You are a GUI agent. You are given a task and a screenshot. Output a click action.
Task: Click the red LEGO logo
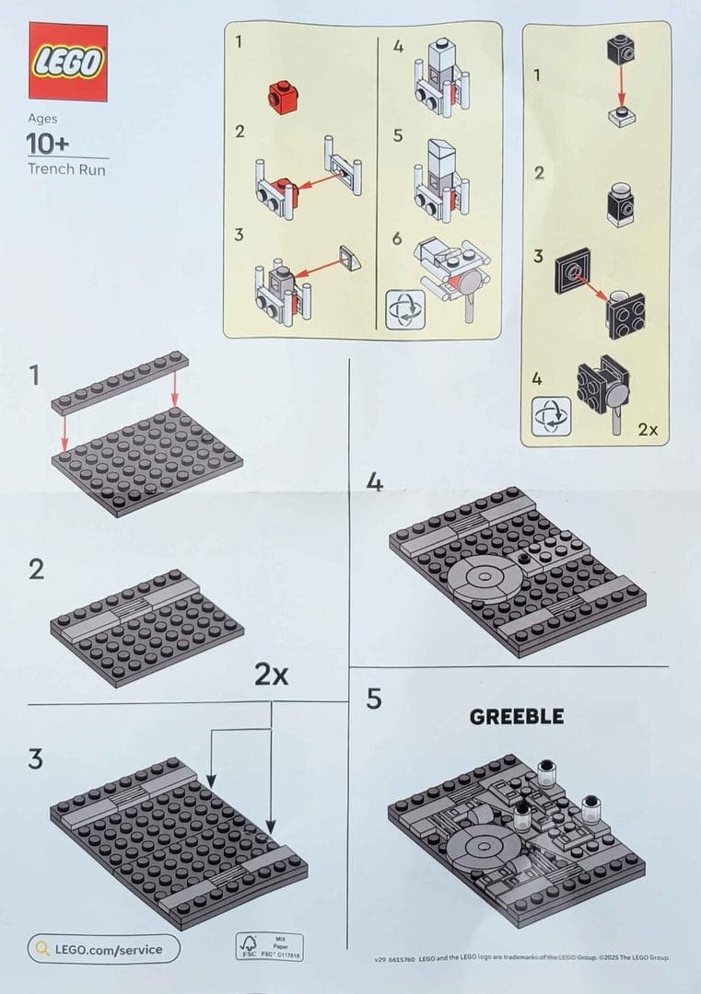point(68,62)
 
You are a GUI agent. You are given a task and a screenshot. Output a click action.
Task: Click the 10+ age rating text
point(48,144)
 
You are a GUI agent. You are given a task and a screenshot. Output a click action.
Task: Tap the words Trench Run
point(66,169)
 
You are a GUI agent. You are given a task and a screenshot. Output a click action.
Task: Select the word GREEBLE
point(516,717)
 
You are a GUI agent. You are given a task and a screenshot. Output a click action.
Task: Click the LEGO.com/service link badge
point(103,949)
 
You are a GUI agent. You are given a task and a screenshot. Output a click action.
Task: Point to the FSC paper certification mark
point(270,947)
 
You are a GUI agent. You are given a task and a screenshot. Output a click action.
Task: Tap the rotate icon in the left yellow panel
point(405,309)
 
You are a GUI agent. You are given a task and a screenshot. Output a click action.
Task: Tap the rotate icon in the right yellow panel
point(551,416)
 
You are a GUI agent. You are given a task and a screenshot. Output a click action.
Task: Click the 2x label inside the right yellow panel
point(648,429)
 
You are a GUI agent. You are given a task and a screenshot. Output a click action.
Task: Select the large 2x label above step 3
point(271,675)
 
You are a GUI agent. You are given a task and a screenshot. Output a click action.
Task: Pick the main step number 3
point(36,759)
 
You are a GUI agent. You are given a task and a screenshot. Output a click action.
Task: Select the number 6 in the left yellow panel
point(397,238)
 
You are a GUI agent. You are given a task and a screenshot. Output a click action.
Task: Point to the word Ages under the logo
point(42,119)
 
